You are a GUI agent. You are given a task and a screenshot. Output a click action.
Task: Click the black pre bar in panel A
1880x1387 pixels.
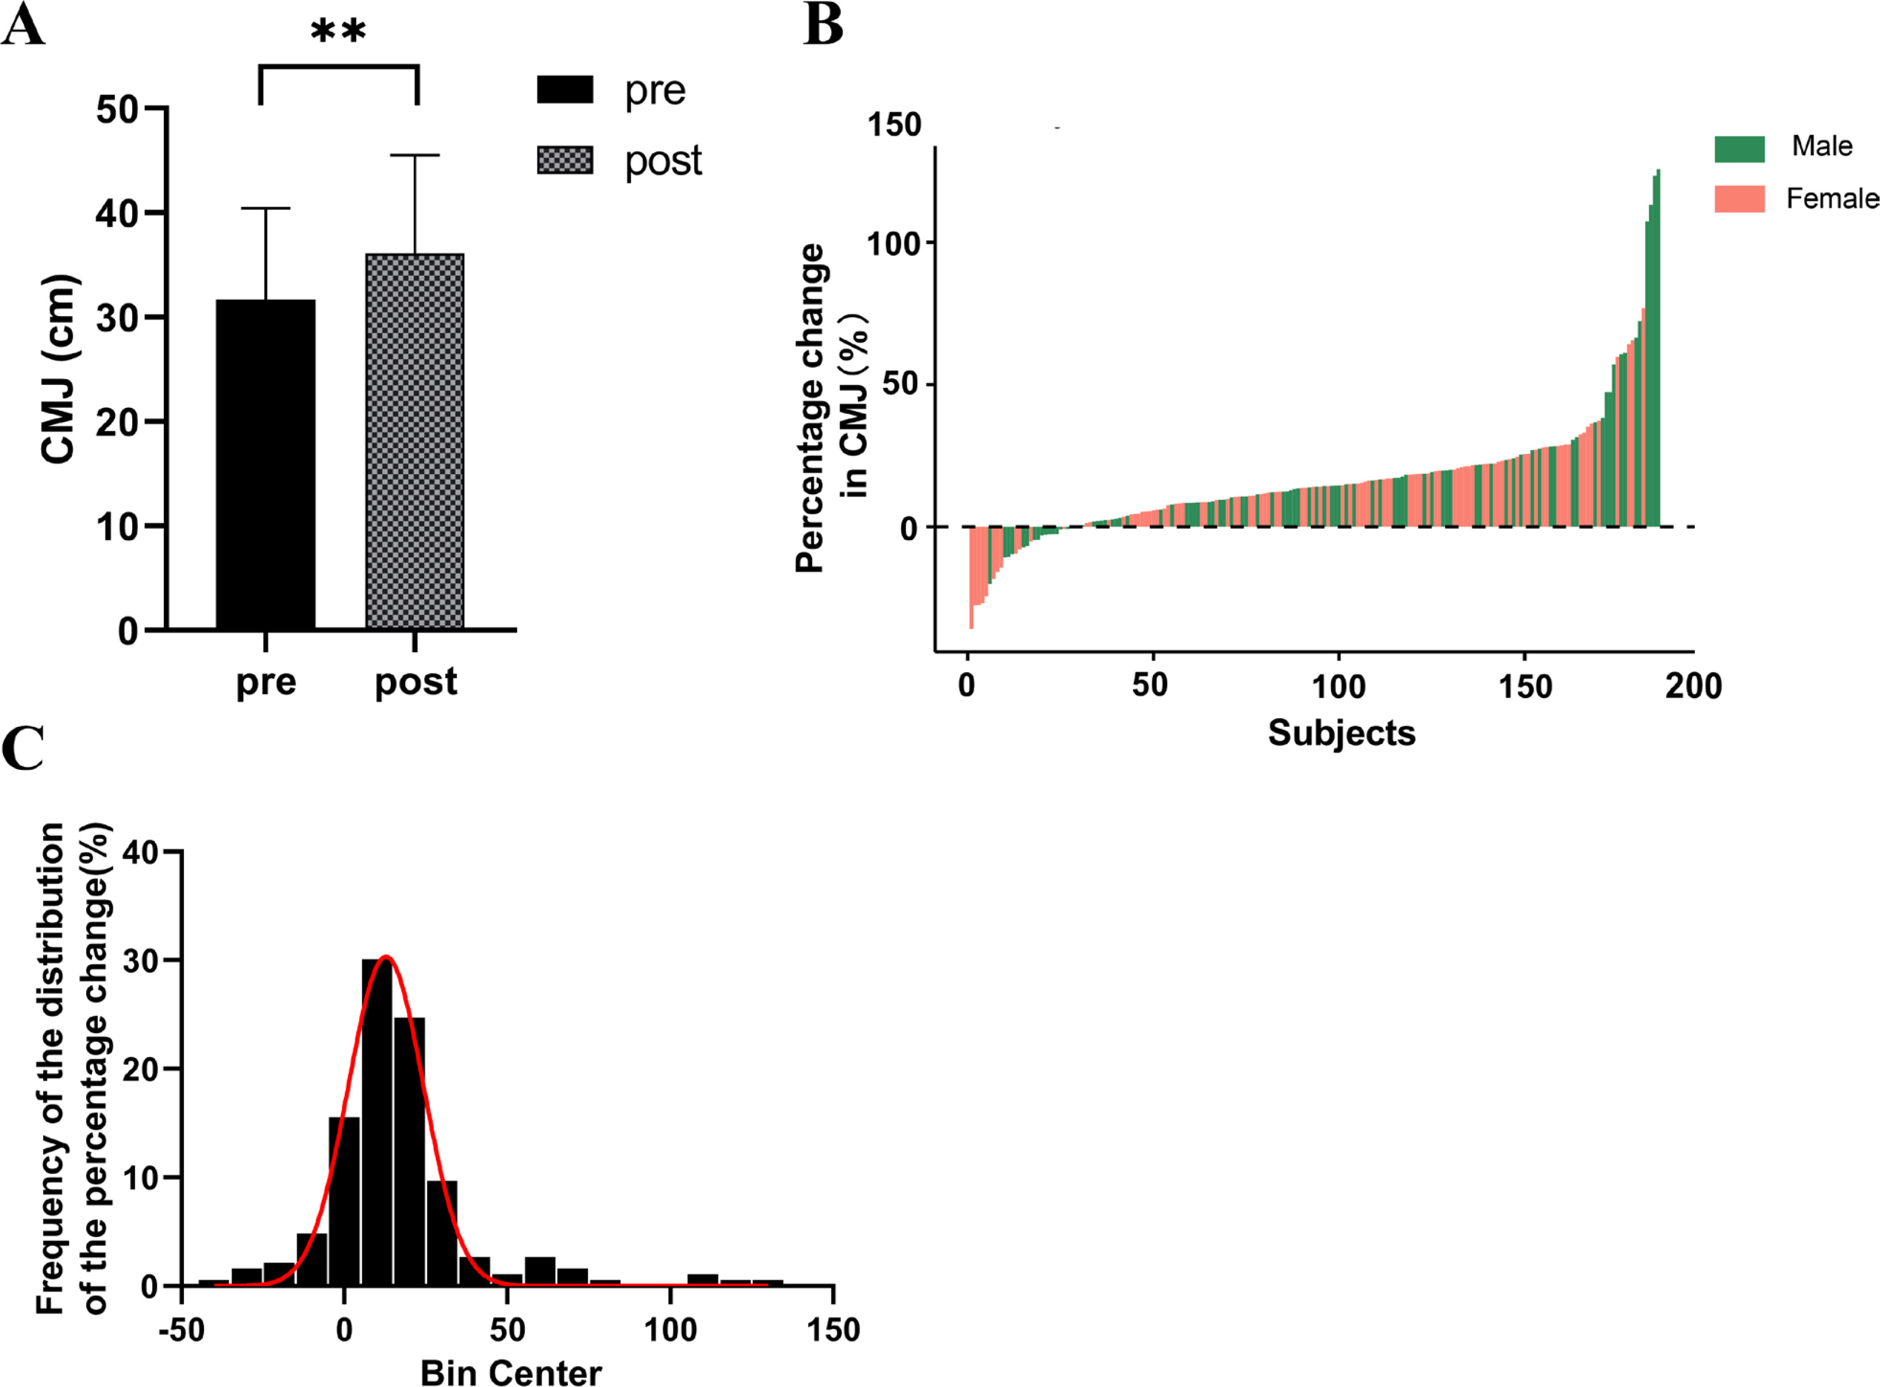pyautogui.click(x=266, y=464)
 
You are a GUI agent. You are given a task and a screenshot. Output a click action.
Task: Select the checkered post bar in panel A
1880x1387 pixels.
pyautogui.click(x=415, y=441)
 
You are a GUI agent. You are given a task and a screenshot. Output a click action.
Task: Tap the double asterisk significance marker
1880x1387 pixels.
pyautogui.click(x=339, y=32)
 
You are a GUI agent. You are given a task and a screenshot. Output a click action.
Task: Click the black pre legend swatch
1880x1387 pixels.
pyautogui.click(x=565, y=90)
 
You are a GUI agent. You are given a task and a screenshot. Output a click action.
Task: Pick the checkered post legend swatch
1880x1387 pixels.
pyautogui.click(x=565, y=160)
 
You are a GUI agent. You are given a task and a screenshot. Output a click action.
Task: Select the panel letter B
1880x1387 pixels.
pyautogui.click(x=823, y=25)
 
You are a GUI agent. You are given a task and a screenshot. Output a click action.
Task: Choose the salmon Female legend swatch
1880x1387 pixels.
pyautogui.click(x=1739, y=199)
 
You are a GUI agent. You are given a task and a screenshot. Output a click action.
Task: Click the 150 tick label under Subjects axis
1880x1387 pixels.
pyautogui.click(x=1524, y=687)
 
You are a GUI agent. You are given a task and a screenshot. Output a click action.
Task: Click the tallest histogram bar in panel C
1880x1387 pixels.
pyautogui.click(x=377, y=1122)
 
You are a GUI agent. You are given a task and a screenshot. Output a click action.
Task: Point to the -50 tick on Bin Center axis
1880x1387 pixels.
pyautogui.click(x=182, y=1330)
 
